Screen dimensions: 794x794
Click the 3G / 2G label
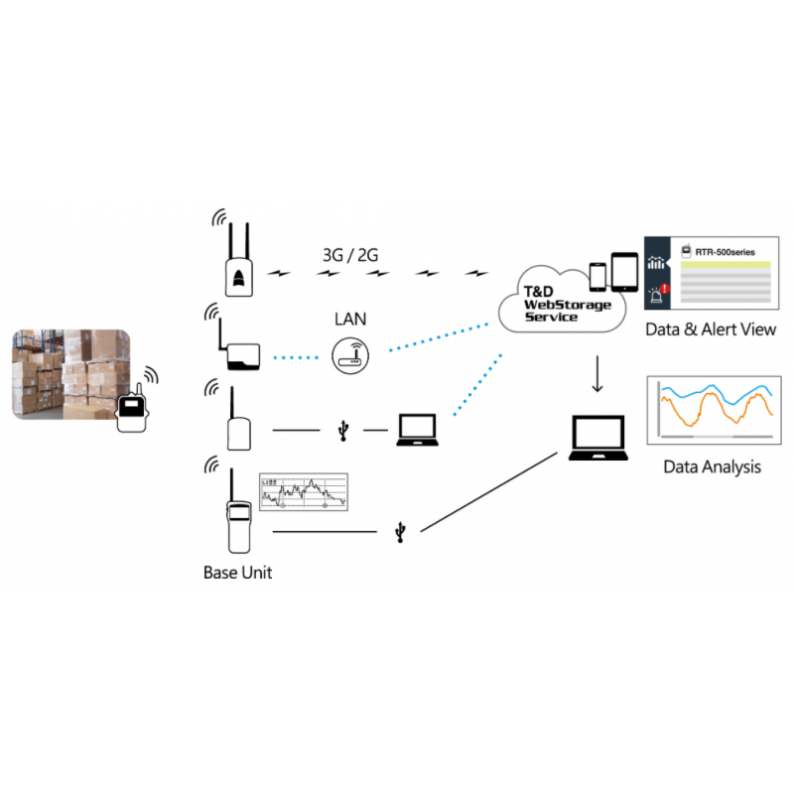pos(350,255)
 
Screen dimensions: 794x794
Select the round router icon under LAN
pos(348,355)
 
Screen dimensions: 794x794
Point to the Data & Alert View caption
pos(710,330)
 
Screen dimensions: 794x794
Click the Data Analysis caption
pos(711,465)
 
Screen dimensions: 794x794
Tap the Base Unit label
pos(237,573)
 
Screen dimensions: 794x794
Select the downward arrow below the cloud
pos(597,375)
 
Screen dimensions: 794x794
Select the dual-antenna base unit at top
pos(239,262)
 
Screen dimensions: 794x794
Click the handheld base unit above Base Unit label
pos(238,522)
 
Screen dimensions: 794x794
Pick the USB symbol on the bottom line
pos(399,533)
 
